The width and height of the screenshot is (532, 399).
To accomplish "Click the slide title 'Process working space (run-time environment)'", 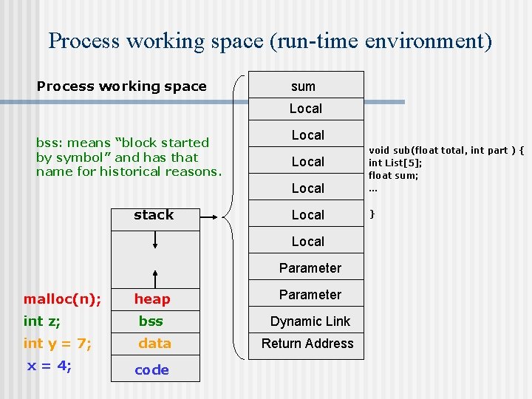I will click(270, 41).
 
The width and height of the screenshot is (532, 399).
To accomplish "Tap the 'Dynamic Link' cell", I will click(310, 321).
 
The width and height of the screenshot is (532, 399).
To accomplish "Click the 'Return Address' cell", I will click(307, 344).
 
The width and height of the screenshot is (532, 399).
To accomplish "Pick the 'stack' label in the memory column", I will click(154, 215).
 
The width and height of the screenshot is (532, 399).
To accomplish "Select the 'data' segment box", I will click(154, 344).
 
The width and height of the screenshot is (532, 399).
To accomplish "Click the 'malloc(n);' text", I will click(63, 299).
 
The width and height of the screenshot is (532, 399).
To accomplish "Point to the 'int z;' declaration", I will click(42, 321).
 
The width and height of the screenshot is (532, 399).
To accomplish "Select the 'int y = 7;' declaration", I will click(58, 344).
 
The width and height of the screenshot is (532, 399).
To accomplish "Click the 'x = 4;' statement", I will click(49, 366).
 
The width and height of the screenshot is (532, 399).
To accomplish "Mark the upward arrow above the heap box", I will click(155, 278).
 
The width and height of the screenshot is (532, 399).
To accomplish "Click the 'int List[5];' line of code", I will click(395, 163).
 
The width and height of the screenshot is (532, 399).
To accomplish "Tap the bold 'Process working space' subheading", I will click(122, 86).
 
